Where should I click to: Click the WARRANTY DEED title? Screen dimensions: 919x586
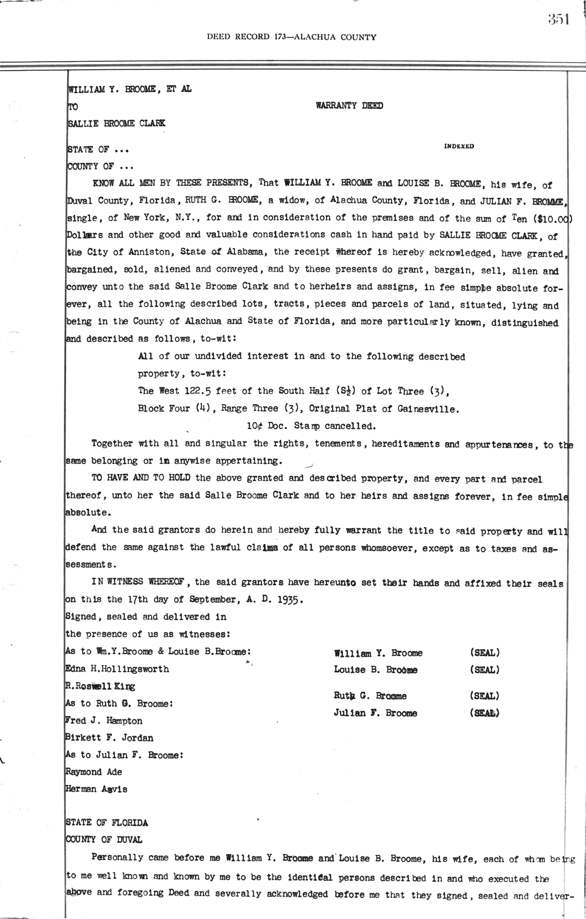tap(349, 106)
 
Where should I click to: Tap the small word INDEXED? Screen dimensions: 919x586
tap(459, 146)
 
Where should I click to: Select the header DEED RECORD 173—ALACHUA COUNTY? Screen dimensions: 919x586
tap(292, 37)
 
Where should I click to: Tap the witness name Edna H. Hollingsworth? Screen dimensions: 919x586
tap(117, 669)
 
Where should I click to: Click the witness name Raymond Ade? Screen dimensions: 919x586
tap(93, 772)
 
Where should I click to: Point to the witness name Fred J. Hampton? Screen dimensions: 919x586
tap(104, 721)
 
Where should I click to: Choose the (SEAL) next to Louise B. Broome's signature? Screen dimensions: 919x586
tap(484, 670)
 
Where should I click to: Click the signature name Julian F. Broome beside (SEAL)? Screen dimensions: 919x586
tap(376, 713)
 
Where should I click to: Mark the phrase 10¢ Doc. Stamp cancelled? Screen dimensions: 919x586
tap(311, 426)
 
